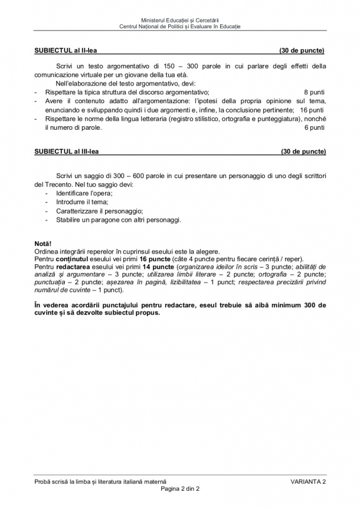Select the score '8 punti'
[x=314, y=93]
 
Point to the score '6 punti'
[x=314, y=127]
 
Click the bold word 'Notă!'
[x=43, y=244]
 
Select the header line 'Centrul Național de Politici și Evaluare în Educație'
[x=180, y=27]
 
